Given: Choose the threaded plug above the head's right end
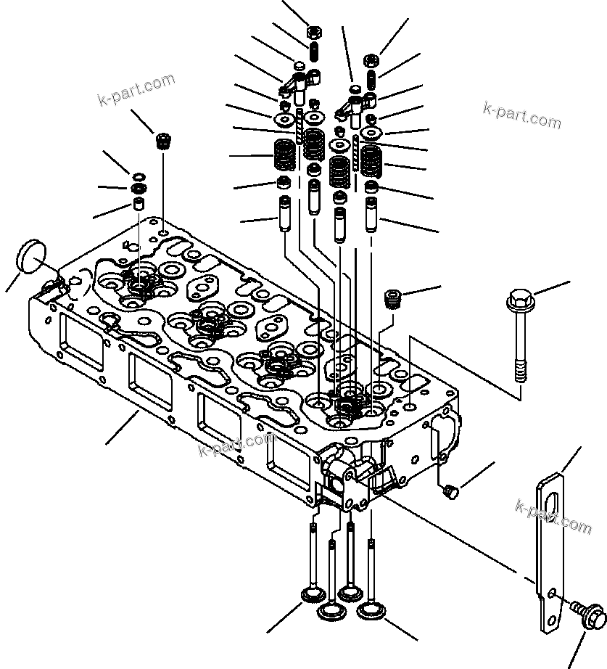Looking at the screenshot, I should pos(392,297).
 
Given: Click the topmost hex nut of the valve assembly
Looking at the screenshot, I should pos(314,32).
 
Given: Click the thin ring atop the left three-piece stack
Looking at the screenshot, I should pos(137,177).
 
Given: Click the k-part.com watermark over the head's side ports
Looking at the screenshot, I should pos(236,445).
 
